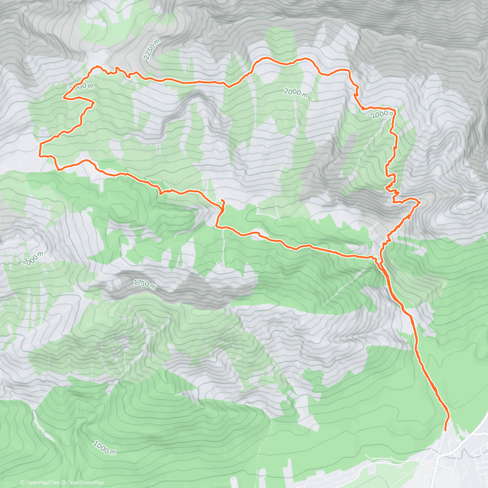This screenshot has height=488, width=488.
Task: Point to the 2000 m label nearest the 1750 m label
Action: pyautogui.click(x=33, y=259)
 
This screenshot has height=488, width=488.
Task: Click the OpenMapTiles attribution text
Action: pyautogui.click(x=42, y=483)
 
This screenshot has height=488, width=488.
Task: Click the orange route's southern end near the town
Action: pyautogui.click(x=445, y=430)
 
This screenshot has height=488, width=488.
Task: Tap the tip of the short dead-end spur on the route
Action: pyautogui.click(x=222, y=201)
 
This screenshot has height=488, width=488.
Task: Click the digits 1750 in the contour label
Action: pyautogui.click(x=141, y=283)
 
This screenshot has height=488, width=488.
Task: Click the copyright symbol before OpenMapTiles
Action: pyautogui.click(x=22, y=483)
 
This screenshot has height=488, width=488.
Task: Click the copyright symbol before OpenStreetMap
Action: pyautogui.click(x=62, y=483)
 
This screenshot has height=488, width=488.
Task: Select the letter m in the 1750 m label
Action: pyautogui.click(x=152, y=287)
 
